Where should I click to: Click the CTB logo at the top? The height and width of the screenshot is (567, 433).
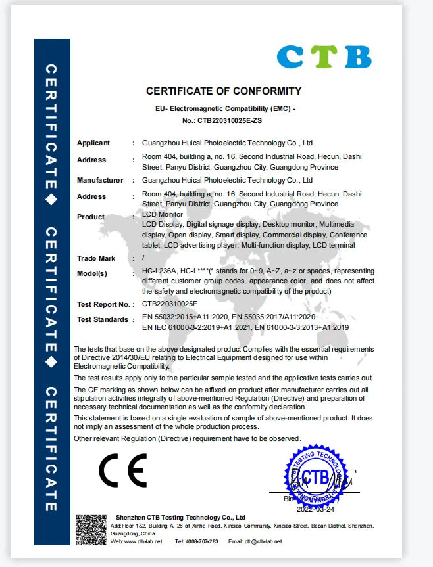[324, 56]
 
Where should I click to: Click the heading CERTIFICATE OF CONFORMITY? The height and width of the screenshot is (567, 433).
[224, 91]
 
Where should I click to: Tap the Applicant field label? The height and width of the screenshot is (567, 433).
[93, 143]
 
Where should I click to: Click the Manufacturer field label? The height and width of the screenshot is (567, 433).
[100, 180]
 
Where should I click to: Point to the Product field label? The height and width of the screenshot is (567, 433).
[91, 217]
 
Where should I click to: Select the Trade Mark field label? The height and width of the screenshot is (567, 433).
[96, 258]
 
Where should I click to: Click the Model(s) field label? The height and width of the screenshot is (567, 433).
[92, 273]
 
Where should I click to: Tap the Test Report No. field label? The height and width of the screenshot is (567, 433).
[103, 304]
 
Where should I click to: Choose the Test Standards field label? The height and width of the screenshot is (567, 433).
[103, 319]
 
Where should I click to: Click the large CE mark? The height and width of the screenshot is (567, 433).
[122, 469]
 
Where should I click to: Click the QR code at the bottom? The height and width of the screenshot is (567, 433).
[91, 530]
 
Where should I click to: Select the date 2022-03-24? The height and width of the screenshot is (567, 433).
[315, 509]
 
